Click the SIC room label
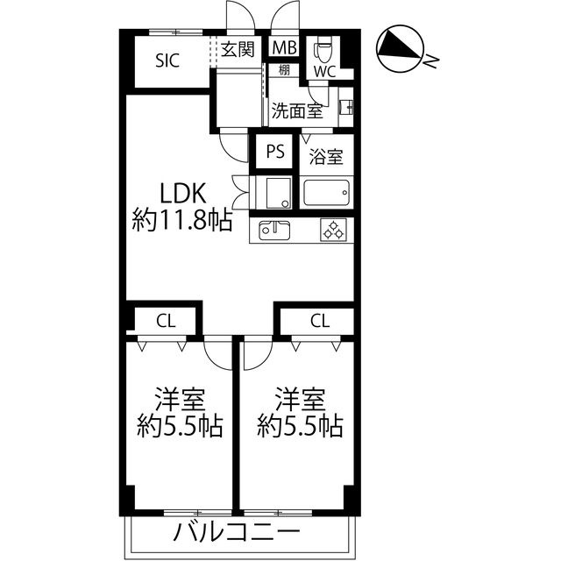click(167, 60)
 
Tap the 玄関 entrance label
click(238, 49)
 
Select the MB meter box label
click(284, 47)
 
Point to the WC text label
click(325, 72)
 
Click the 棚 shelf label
click(284, 70)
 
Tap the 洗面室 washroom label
click(297, 111)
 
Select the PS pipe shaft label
click(275, 151)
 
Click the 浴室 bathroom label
click(326, 157)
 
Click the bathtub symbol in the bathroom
click(326, 193)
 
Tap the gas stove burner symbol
click(333, 230)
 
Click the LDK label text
click(182, 193)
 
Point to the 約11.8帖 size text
click(182, 220)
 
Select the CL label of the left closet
click(166, 321)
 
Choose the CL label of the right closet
click(320, 321)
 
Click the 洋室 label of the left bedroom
click(180, 399)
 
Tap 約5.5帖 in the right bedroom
click(300, 426)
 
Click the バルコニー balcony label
click(237, 532)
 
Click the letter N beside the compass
click(430, 61)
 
